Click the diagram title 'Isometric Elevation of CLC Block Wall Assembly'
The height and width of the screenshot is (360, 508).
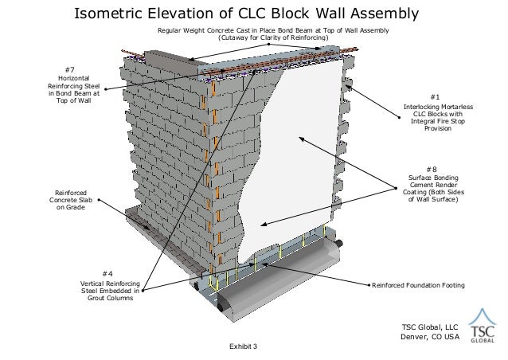[x=245, y=14]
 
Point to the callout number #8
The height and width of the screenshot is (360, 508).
[x=432, y=169]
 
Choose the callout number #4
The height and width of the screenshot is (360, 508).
[x=111, y=273]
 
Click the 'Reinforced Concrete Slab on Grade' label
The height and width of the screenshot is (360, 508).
[x=71, y=200]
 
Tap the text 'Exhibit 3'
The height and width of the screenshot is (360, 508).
[x=244, y=346]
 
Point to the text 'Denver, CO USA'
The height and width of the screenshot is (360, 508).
[x=430, y=335]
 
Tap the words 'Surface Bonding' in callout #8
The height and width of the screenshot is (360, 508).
[x=432, y=178]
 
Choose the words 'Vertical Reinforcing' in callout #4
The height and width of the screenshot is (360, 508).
[x=111, y=283]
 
